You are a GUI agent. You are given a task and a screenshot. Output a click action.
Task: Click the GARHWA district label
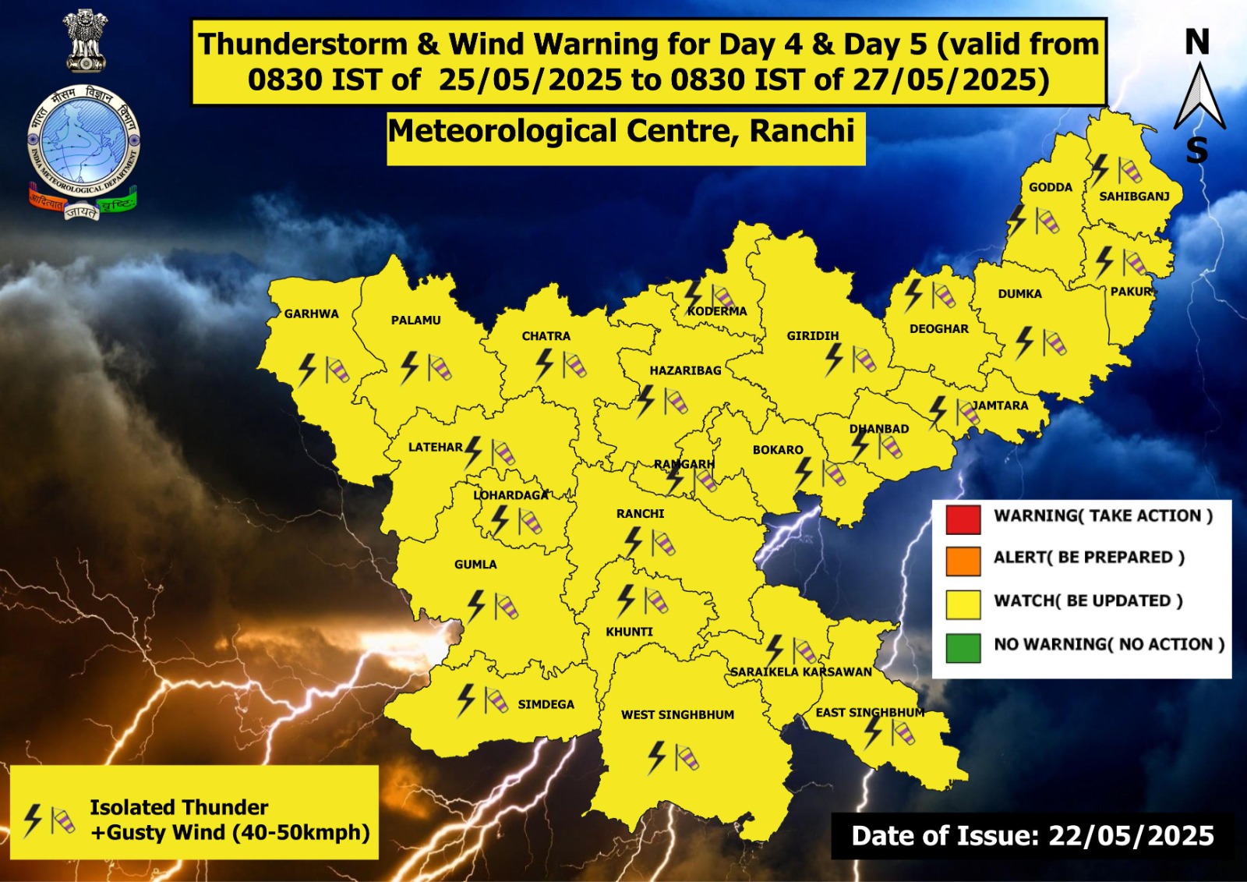(x=311, y=313)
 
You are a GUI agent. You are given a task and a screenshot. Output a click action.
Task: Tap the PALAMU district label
(x=415, y=320)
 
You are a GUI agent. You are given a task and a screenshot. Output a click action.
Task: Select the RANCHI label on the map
(x=640, y=513)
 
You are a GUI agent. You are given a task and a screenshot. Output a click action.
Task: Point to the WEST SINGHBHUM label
(x=677, y=714)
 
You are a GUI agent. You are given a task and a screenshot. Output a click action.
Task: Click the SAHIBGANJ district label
(x=1134, y=197)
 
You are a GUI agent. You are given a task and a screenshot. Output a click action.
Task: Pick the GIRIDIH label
(x=812, y=336)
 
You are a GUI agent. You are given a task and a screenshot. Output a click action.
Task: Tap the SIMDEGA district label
(x=546, y=704)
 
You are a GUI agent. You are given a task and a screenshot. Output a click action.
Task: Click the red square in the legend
(x=963, y=519)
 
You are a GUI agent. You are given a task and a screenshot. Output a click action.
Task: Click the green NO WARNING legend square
(x=963, y=648)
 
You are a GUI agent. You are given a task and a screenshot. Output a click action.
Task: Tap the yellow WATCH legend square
(x=963, y=604)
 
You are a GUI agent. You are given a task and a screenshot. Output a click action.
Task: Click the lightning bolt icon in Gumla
(x=475, y=606)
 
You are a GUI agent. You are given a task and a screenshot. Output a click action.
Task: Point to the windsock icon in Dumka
(x=1054, y=342)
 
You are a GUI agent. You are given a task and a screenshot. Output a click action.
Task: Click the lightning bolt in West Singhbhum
(x=657, y=756)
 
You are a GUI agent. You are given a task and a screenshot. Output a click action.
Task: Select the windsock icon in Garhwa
(x=337, y=370)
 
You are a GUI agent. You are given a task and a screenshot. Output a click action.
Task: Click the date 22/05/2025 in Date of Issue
(x=1131, y=836)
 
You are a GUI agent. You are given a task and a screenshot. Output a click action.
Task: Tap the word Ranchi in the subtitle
(x=802, y=131)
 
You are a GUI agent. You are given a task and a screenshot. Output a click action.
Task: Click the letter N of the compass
(x=1197, y=42)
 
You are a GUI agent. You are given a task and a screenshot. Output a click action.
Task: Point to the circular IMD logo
(x=83, y=140)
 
